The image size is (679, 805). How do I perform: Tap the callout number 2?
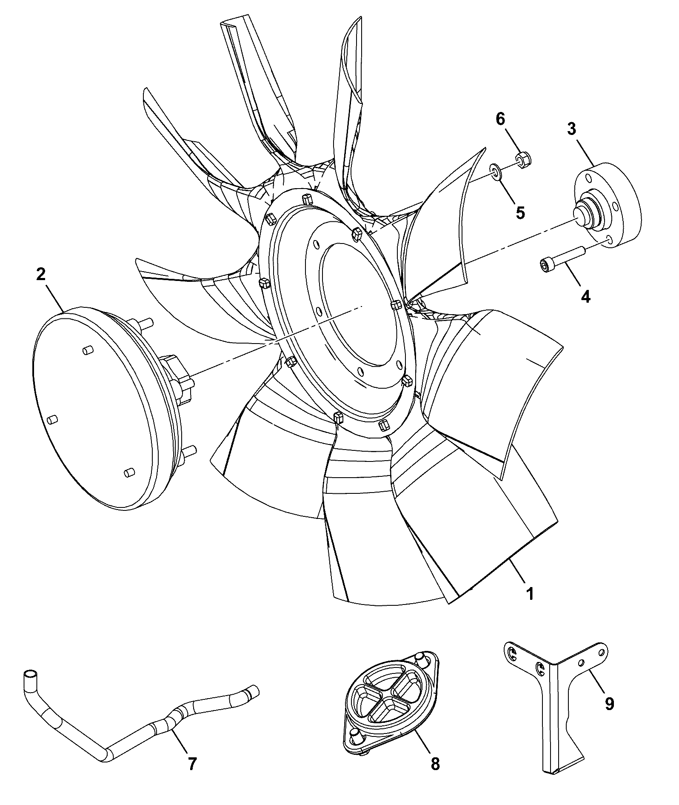[40, 275]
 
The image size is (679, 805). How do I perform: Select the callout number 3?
[572, 129]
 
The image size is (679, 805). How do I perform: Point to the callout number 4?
[586, 296]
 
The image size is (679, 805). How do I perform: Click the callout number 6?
[500, 119]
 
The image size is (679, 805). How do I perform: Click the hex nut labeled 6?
[525, 160]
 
